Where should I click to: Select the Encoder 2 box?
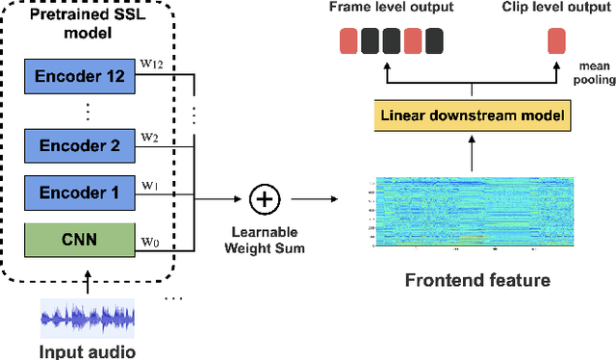[x=79, y=146]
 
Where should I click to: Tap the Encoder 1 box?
[x=79, y=193]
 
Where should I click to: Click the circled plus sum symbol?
[x=263, y=200]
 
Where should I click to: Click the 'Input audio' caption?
[x=87, y=351]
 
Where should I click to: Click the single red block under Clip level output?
[x=555, y=40]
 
